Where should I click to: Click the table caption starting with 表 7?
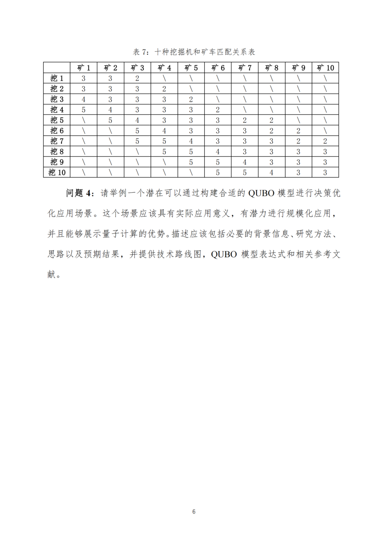pos(194,52)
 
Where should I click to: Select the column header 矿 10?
pos(325,68)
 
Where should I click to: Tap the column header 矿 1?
pos(83,68)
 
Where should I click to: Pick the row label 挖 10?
pos(57,173)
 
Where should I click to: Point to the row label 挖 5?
pos(57,120)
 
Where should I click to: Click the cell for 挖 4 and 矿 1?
pos(83,110)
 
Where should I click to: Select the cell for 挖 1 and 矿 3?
pos(137,78)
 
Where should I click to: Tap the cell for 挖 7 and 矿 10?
pos(325,141)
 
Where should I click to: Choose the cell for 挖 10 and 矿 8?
pos(272,173)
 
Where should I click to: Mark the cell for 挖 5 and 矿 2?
pos(110,120)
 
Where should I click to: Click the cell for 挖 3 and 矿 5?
pos(191,99)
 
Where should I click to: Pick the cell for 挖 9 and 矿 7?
pos(245,162)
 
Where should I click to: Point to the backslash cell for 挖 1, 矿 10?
pos(325,78)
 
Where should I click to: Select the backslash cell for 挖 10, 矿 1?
pos(83,173)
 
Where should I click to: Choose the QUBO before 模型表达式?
pos(224,254)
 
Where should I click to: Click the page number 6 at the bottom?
pos(194,512)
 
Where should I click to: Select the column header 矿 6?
pos(218,68)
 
